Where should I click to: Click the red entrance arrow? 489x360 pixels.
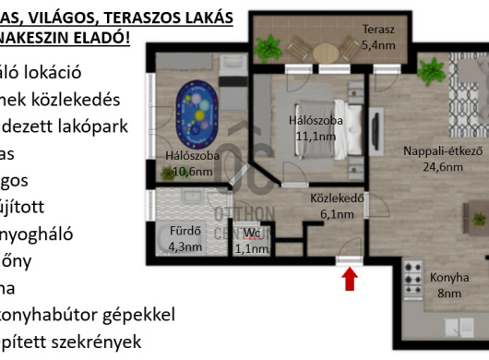point(350,279)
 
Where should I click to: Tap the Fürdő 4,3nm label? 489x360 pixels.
point(183,239)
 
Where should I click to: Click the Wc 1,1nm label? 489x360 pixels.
point(252,240)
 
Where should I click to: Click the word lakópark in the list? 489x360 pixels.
point(94,126)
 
